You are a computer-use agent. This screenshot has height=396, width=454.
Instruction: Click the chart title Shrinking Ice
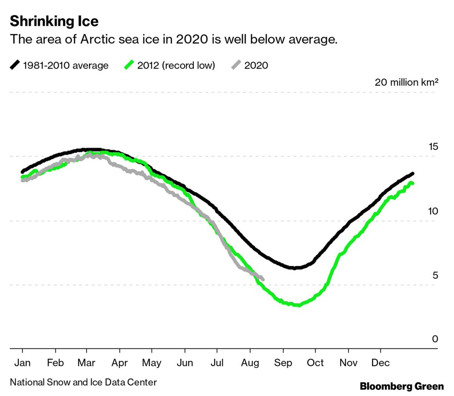(x=54, y=21)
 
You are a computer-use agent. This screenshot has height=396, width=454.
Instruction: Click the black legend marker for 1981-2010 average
(x=15, y=65)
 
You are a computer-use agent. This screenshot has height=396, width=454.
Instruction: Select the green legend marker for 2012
(x=129, y=65)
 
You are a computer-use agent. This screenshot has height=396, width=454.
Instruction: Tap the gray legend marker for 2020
(x=236, y=65)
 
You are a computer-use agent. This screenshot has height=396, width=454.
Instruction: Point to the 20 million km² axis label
(x=406, y=82)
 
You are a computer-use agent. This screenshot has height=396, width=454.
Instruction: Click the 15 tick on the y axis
(x=433, y=147)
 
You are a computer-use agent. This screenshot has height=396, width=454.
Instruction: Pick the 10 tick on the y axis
(x=433, y=211)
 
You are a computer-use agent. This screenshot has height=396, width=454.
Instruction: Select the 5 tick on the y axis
(x=435, y=275)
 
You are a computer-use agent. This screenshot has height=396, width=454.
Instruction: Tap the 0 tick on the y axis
(x=435, y=339)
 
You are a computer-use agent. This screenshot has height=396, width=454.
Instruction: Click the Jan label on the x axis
(x=22, y=363)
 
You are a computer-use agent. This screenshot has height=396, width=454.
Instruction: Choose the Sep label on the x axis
(x=283, y=363)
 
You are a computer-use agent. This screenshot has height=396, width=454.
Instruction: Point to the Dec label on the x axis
(x=380, y=363)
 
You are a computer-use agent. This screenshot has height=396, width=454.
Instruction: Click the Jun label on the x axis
(x=185, y=363)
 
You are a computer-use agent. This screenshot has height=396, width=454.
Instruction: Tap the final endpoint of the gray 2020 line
(x=263, y=280)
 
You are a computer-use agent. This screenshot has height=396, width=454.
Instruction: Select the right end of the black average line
(x=413, y=174)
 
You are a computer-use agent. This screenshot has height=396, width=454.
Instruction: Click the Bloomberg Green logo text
(x=401, y=386)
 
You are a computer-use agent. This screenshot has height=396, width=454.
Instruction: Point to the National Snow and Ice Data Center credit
(x=83, y=382)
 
